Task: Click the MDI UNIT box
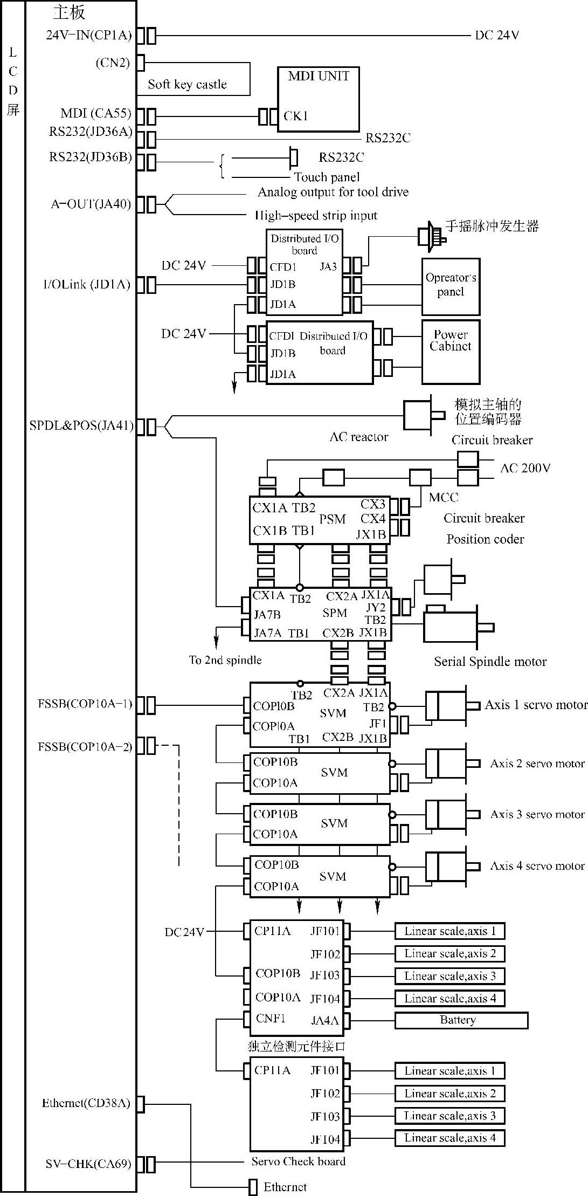point(318,99)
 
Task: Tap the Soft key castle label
point(187,85)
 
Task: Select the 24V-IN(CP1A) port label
point(88,36)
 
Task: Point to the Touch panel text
point(327,177)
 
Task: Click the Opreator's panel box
point(451,286)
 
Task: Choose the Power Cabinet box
point(451,352)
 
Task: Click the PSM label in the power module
point(332,519)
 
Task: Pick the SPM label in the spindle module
point(334,613)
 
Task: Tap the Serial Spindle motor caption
point(490,662)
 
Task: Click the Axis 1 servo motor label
point(535,705)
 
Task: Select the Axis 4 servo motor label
point(537,866)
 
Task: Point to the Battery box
point(461,1020)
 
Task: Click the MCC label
point(444,497)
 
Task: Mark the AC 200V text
point(525,468)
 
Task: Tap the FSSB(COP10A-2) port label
point(85,747)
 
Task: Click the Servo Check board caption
point(298,1161)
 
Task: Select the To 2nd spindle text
point(225,660)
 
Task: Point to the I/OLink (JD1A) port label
point(87,285)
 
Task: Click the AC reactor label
point(358,437)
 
